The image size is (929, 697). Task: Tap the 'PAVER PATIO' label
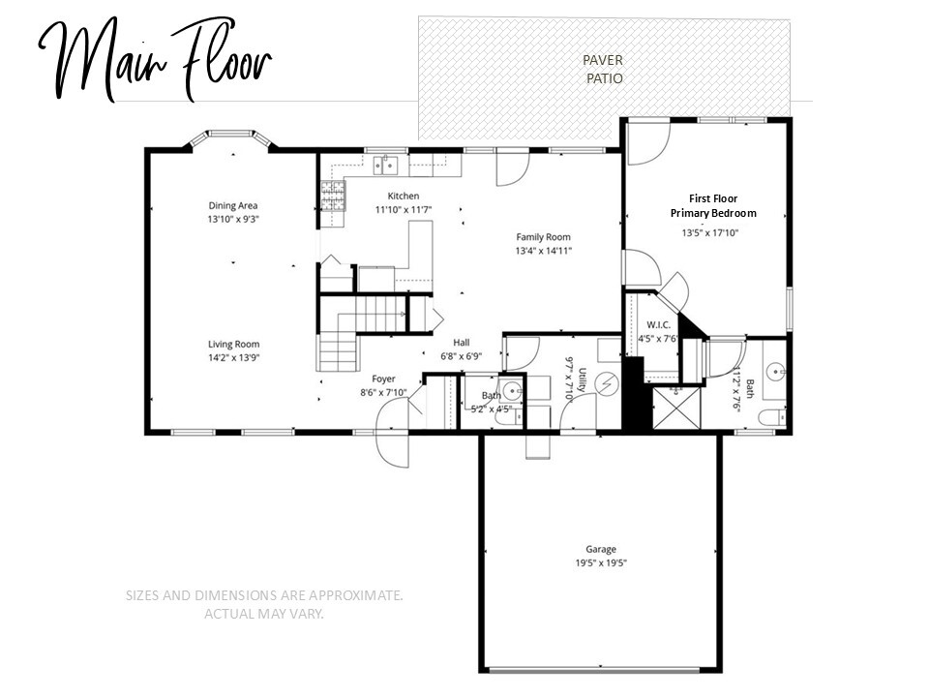[x=604, y=69]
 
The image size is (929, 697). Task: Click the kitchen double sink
[x=387, y=165]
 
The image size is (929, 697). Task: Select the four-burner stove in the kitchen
[x=333, y=197]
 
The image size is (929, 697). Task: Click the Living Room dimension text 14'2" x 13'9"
[x=233, y=357]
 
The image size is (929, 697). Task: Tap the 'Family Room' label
[x=543, y=237]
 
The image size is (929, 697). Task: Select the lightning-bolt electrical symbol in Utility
[x=608, y=384]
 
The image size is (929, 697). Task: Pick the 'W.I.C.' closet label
[x=656, y=324]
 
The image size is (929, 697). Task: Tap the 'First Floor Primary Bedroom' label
[x=713, y=205]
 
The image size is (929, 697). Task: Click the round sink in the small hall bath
[x=513, y=392]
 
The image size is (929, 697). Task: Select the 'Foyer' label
[x=383, y=379]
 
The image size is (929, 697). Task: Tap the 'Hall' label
[x=462, y=342]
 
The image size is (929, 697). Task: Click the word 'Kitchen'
[x=403, y=197]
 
